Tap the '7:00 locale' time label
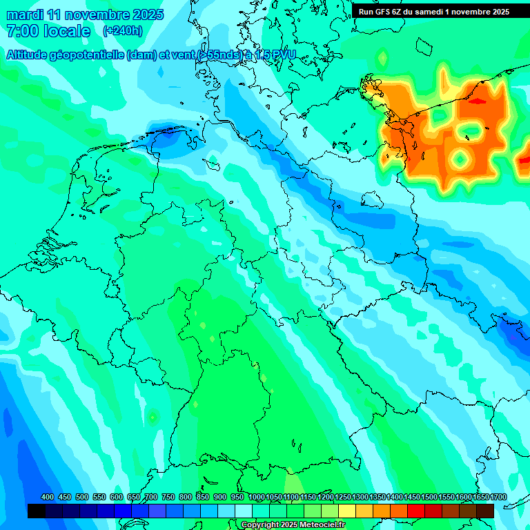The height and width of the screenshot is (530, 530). pos(48,31)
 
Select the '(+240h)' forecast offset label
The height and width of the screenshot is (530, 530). pos(123,31)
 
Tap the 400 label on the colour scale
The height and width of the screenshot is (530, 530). pos(48,498)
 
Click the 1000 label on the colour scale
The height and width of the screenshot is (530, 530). pos(256,498)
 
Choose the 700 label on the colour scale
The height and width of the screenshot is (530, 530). pos(151,498)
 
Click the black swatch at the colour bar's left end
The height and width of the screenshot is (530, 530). pos(36,511)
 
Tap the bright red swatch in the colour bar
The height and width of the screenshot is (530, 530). pos(416,511)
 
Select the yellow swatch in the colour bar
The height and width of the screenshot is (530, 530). pos(347,511)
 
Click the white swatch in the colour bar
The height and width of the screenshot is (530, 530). pos(244,511)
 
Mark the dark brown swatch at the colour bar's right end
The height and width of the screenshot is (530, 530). pos(485,511)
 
